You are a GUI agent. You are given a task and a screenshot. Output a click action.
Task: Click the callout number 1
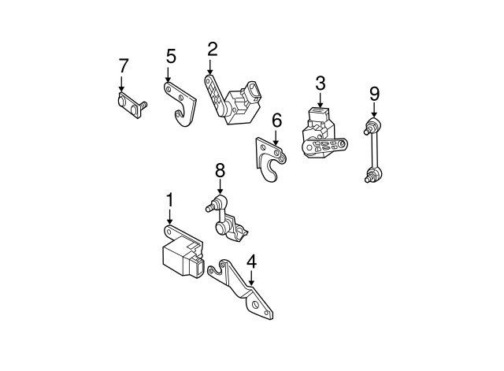(x=169, y=201)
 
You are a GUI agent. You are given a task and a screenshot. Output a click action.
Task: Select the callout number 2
(x=212, y=50)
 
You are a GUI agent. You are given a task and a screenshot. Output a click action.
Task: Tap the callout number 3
(x=321, y=83)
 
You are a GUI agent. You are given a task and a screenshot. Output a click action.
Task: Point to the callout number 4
(x=251, y=260)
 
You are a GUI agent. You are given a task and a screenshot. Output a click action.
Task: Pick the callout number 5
(x=171, y=56)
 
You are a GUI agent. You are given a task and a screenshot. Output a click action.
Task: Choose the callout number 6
(x=276, y=121)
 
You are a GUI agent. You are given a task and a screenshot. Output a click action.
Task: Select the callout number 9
(x=374, y=94)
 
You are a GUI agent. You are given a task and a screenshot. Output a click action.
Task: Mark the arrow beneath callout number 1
(x=169, y=219)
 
